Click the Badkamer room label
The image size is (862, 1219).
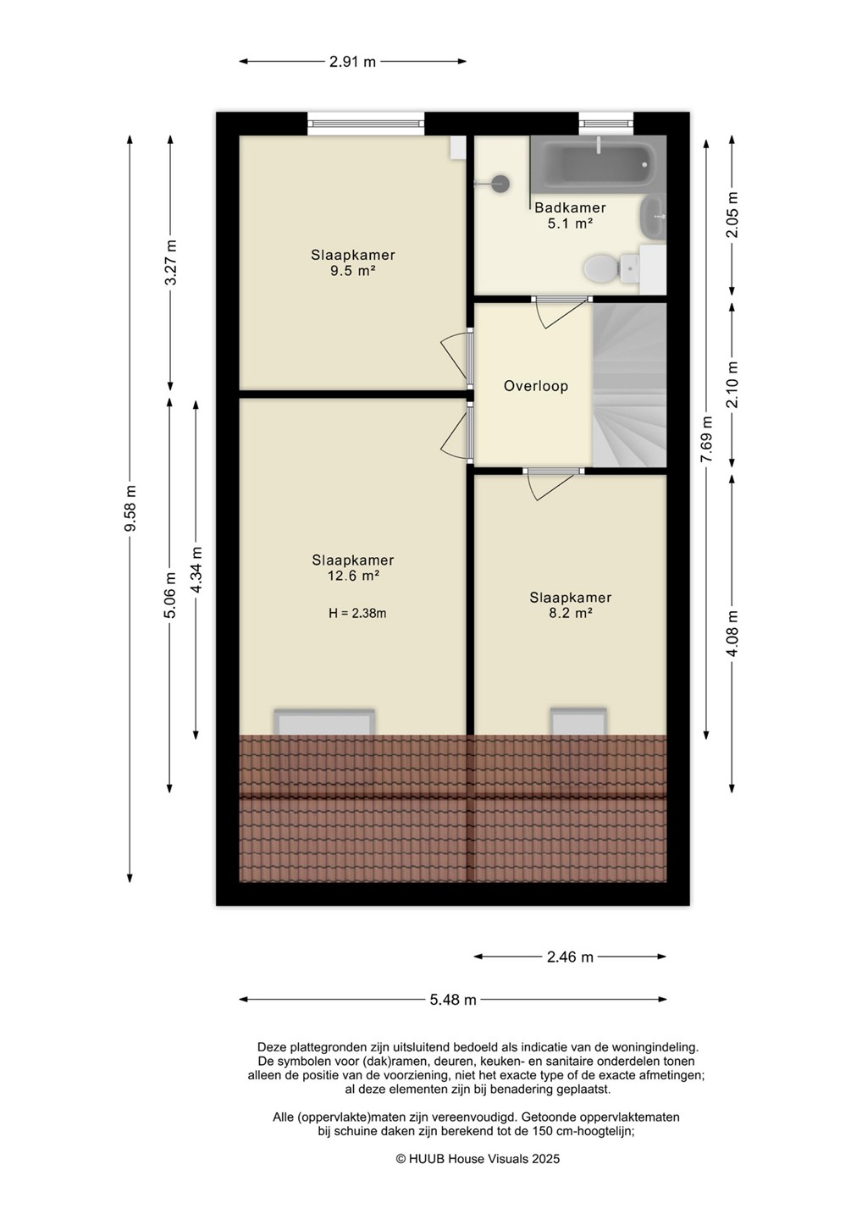pos(570,207)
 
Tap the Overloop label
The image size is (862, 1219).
pos(536,386)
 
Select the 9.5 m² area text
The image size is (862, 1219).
pos(353,271)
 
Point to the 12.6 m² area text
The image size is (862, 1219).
pos(353,576)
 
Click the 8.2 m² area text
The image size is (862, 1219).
pos(570,613)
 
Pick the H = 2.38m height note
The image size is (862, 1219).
pos(357,613)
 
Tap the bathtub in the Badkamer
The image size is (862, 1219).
pos(598,163)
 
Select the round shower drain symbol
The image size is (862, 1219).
pos(500,184)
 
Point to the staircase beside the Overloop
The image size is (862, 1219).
pos(629,384)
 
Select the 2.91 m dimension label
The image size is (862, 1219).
pos(352,62)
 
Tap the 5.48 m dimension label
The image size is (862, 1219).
pos(453,1000)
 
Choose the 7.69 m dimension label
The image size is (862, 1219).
pos(706,439)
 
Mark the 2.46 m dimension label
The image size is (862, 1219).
pos(570,957)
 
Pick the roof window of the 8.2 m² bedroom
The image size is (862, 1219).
pos(578,721)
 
